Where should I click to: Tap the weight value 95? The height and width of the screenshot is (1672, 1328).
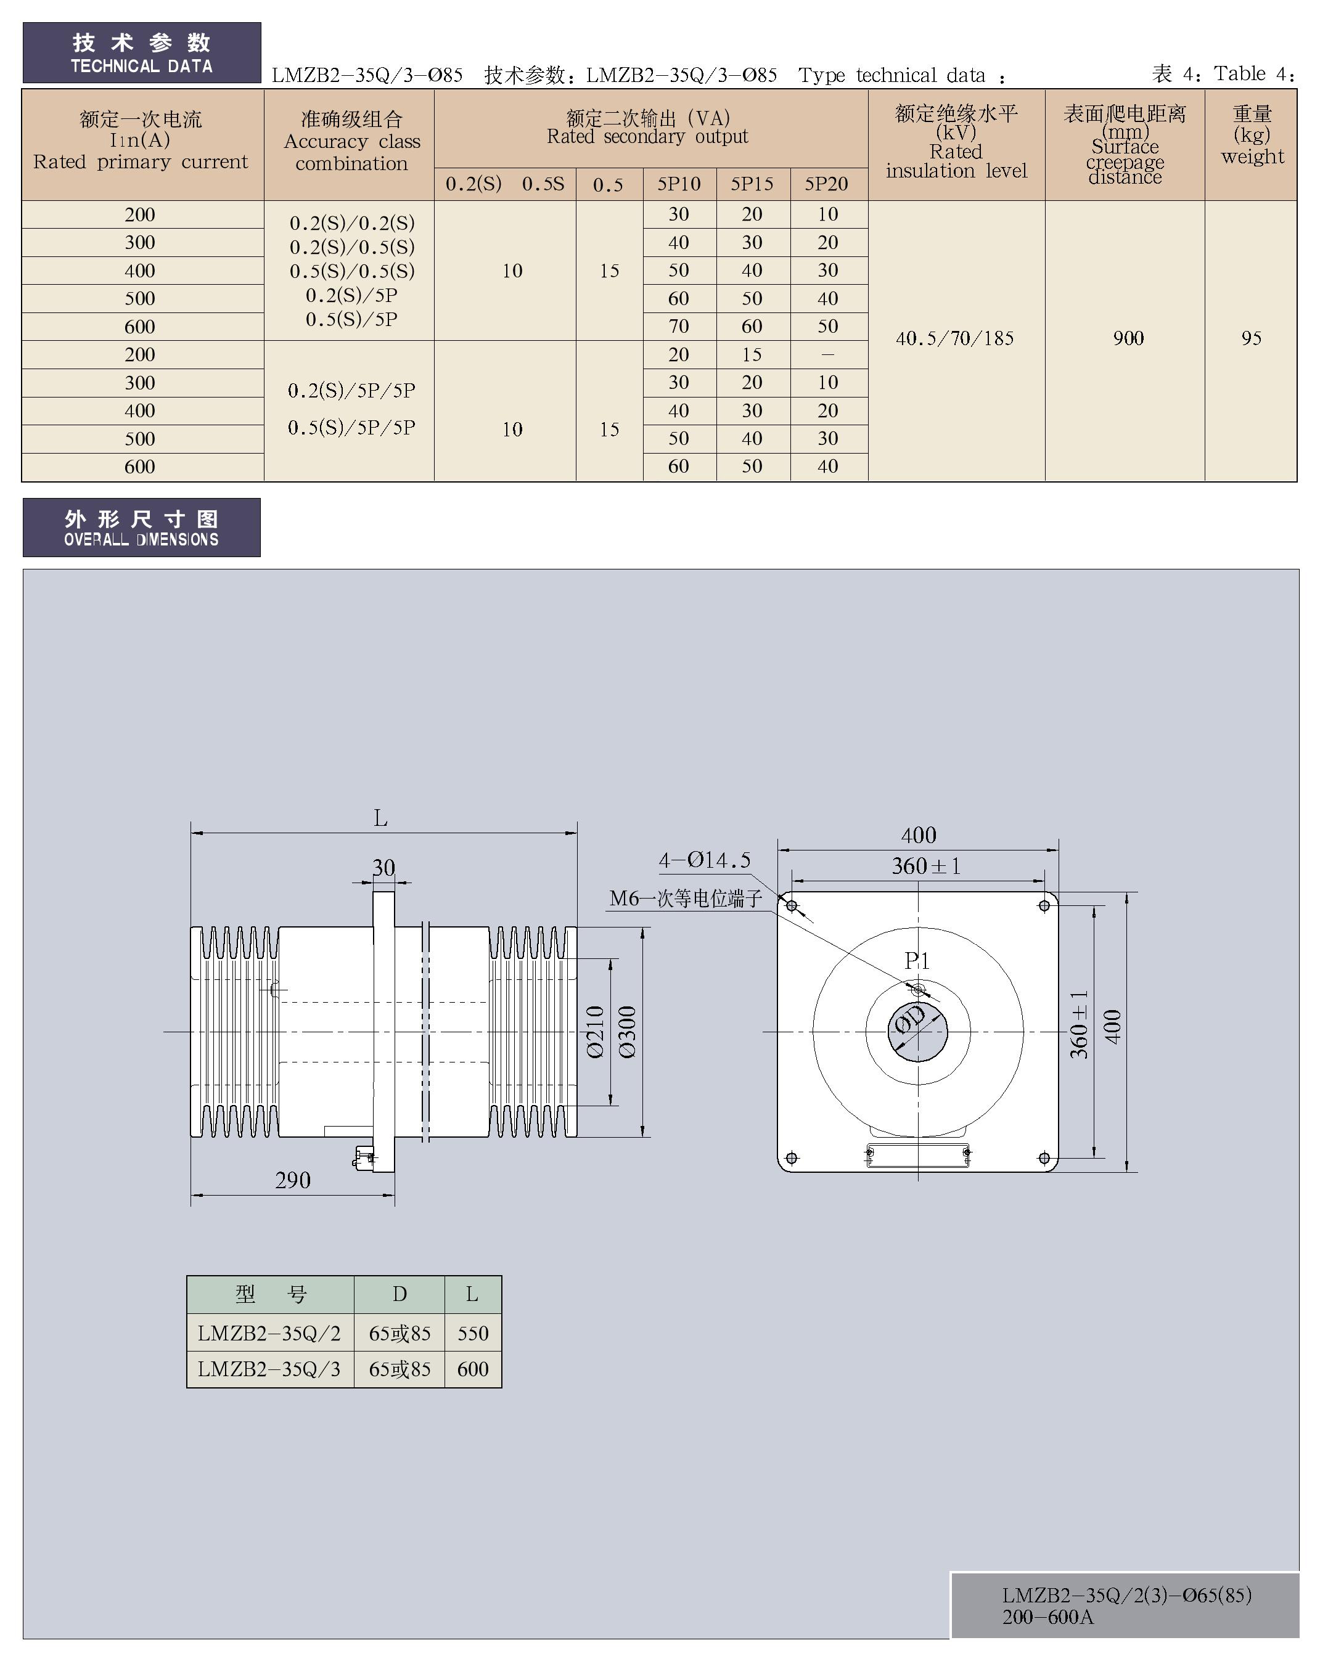1251,338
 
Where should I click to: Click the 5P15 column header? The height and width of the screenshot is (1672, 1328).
752,184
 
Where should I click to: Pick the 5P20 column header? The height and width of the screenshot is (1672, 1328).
826,184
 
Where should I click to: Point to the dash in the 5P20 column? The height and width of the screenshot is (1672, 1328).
827,354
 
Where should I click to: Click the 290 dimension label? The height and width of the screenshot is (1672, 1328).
292,1180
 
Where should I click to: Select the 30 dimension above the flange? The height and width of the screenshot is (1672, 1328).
383,867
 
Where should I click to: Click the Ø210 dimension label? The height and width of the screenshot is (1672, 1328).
595,1032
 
